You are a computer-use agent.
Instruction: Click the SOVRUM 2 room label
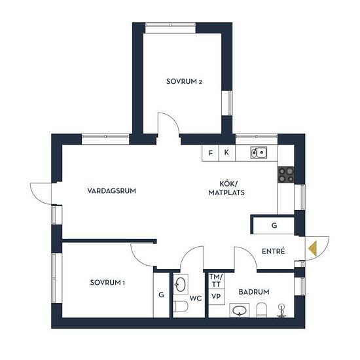(184, 82)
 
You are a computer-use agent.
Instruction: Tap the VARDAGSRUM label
(111, 190)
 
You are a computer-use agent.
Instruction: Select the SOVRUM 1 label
(107, 282)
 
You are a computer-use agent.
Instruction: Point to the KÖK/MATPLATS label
(226, 188)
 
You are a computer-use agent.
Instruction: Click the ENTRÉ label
(273, 251)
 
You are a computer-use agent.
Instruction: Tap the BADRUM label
(254, 292)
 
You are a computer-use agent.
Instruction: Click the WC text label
(196, 298)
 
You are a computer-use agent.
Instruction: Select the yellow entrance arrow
(312, 249)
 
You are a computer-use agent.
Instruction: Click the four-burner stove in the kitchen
(286, 175)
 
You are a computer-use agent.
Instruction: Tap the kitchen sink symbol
(259, 153)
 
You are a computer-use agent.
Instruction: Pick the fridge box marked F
(210, 153)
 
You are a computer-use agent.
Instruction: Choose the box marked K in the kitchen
(227, 153)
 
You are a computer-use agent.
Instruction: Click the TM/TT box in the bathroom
(216, 281)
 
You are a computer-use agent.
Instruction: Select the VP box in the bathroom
(216, 297)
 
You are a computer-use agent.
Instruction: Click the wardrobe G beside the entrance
(274, 225)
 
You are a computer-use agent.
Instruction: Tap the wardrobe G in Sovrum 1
(162, 295)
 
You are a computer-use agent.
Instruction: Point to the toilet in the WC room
(181, 306)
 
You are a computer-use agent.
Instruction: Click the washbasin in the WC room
(181, 285)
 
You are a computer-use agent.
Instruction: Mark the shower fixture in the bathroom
(281, 311)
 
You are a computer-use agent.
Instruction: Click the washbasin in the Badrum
(240, 310)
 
